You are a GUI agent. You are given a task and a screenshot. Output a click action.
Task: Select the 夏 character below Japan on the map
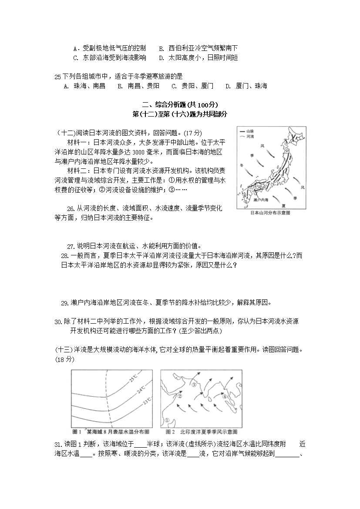(283, 205)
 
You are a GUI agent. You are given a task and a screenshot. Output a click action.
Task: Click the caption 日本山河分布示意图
(271, 213)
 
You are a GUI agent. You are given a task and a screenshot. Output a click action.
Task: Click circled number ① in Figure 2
(167, 420)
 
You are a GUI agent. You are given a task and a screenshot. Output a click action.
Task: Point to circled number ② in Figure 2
(179, 395)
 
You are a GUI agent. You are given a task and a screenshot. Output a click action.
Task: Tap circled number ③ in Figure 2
(195, 384)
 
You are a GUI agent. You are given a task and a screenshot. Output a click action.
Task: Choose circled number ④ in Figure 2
(225, 397)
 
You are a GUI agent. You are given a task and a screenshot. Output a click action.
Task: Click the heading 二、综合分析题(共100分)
(180, 105)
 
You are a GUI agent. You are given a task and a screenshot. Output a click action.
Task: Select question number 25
(58, 77)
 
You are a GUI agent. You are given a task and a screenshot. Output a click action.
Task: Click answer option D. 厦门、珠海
(246, 86)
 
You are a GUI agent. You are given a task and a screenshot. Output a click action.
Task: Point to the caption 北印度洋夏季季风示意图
(202, 432)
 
